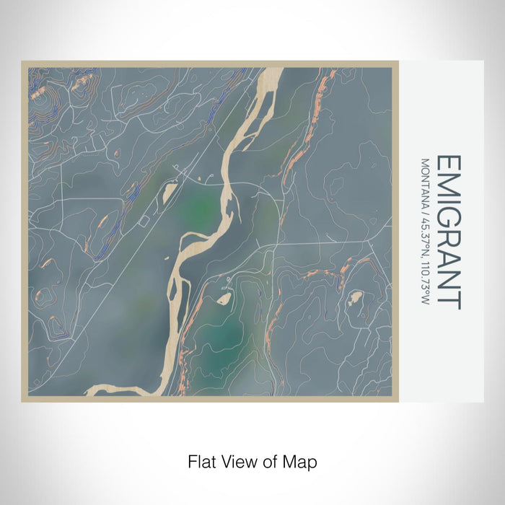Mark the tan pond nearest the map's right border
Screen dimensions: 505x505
click(356, 297)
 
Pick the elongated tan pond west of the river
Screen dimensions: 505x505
click(169, 191)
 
